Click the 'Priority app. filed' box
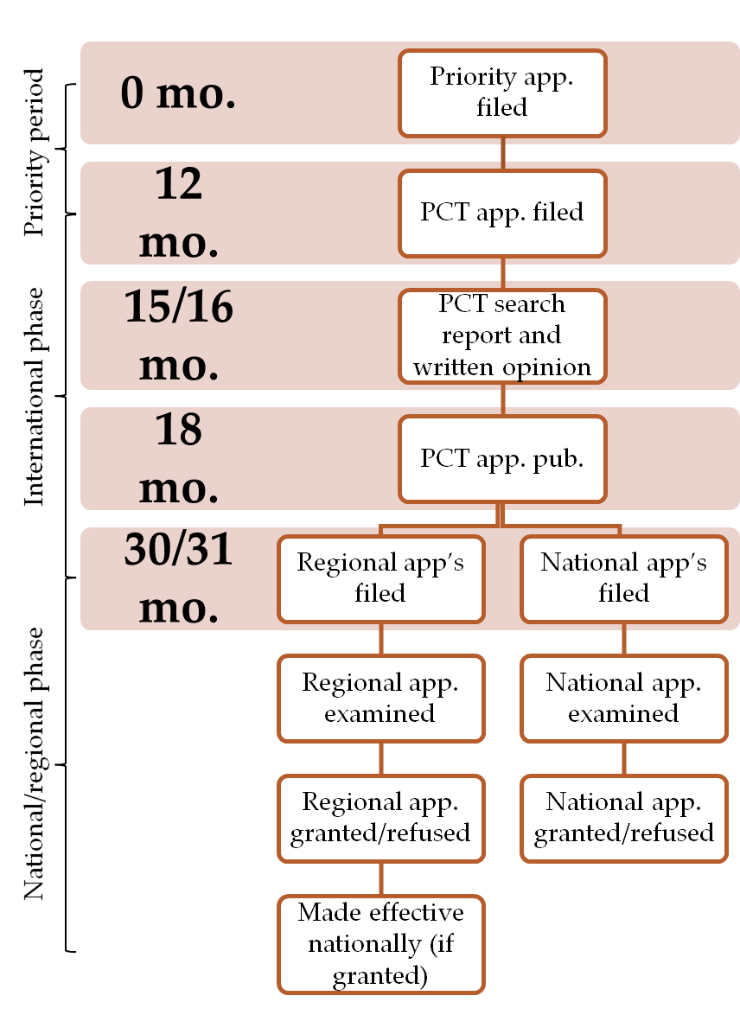pos(502,93)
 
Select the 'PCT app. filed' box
pos(502,213)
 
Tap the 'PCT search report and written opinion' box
pos(502,335)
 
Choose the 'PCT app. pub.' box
pos(502,458)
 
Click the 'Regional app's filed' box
pos(380,578)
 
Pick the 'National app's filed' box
pos(623,578)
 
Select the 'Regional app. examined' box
pos(380,698)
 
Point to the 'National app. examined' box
pos(623,698)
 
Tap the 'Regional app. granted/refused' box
pos(380,818)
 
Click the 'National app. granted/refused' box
pos(623,818)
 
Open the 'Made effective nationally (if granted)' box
pos(380,944)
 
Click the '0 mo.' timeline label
pos(178,93)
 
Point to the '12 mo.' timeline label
pos(179,213)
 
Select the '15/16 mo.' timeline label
pos(179,335)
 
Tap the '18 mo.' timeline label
pos(179,458)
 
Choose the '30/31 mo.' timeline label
pos(179,578)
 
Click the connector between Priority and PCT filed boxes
pos(502,153)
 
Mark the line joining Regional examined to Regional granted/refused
pos(381,758)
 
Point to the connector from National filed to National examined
pos(624,638)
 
